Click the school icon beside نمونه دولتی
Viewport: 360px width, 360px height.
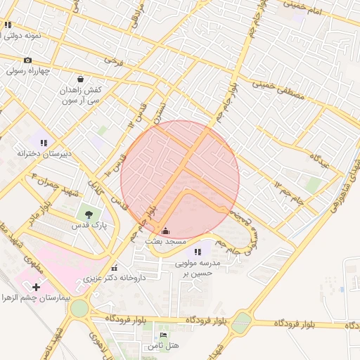point(8,25)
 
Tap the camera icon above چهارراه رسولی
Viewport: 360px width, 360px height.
point(27,60)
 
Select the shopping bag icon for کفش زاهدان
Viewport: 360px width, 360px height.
point(82,79)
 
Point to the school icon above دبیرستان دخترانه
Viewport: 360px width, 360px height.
point(44,143)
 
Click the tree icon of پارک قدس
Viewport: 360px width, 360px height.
point(89,214)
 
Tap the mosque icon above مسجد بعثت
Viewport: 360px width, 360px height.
point(165,231)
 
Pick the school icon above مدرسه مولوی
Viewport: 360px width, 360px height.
point(198,251)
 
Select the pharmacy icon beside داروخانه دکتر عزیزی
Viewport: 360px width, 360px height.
point(114,268)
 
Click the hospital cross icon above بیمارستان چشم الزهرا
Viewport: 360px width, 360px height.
point(37,287)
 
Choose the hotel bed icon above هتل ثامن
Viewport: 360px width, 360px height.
point(164,335)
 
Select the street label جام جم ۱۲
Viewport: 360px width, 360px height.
point(289,191)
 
